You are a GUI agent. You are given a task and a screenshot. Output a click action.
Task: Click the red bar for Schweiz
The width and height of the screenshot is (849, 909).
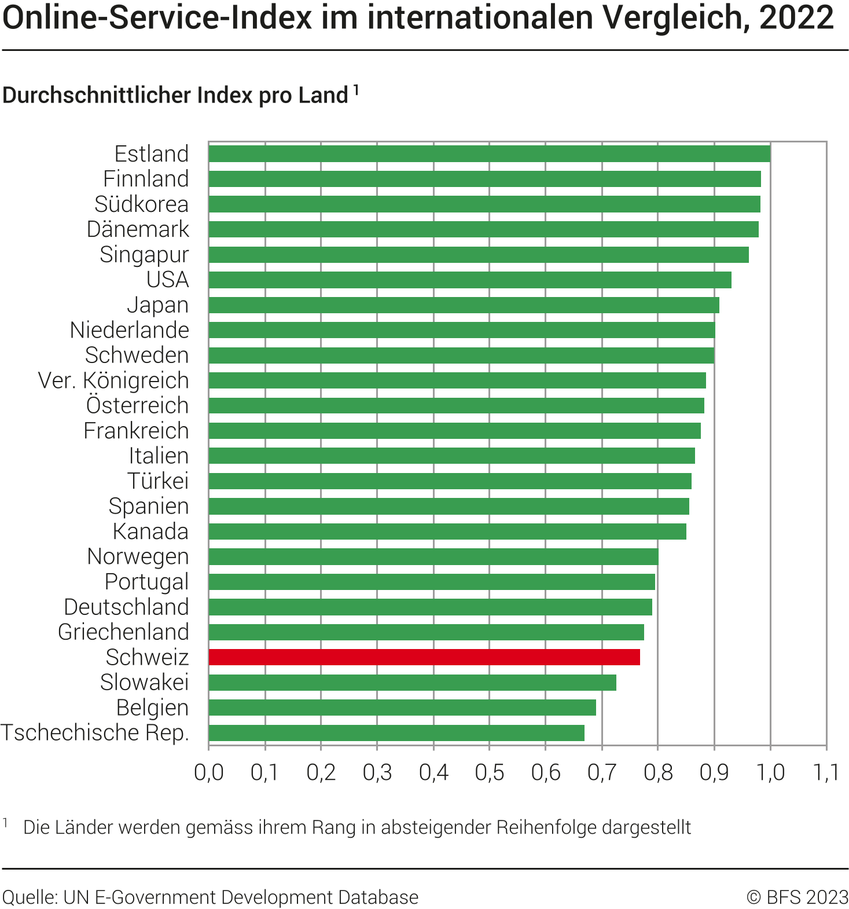point(424,657)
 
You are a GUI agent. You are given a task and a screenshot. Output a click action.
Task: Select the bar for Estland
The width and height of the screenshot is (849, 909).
point(489,154)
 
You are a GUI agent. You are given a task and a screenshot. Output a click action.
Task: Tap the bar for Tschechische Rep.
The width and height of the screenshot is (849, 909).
point(396,733)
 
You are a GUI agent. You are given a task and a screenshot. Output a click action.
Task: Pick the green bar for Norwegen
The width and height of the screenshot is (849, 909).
point(433,556)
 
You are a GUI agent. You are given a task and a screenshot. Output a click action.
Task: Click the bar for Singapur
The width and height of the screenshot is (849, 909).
point(479,255)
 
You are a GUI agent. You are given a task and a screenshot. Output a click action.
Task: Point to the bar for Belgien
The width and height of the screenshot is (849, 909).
point(402,708)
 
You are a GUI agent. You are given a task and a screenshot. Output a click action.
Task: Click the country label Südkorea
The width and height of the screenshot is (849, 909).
point(142,204)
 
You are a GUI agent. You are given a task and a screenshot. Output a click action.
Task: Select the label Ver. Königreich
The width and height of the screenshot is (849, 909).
point(113,380)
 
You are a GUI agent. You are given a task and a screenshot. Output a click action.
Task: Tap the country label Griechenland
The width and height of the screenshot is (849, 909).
point(123,632)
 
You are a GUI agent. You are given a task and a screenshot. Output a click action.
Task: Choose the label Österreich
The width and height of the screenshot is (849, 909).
point(138,405)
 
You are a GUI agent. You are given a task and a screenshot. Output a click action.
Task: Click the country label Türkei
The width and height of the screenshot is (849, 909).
point(158,481)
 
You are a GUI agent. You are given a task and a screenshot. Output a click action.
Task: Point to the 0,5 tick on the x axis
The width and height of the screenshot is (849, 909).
point(490,772)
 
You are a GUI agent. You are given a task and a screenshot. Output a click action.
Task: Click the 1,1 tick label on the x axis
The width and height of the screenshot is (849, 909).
point(826,772)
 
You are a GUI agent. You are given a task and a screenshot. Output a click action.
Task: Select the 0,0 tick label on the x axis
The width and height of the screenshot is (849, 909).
point(209,772)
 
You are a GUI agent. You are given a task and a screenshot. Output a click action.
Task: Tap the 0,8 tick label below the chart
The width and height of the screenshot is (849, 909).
point(658,772)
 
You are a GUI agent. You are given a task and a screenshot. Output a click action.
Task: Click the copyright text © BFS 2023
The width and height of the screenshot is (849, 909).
point(797,897)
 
